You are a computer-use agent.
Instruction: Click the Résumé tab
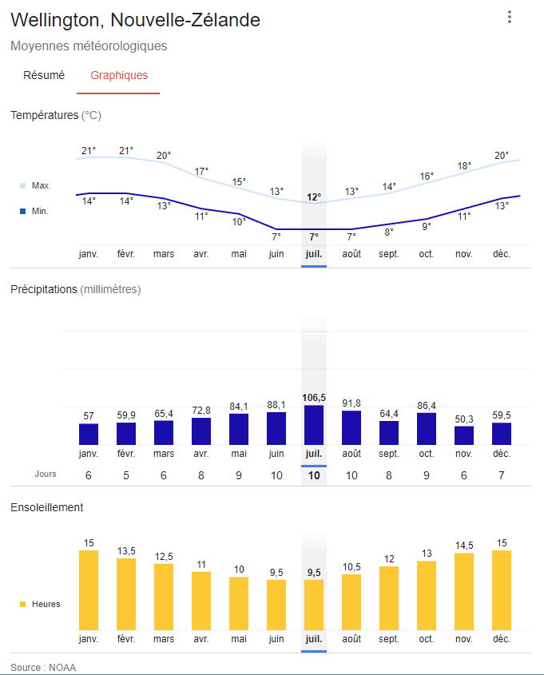(x=44, y=76)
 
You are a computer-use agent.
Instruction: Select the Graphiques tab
(x=119, y=76)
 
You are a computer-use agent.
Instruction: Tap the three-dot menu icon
(x=509, y=18)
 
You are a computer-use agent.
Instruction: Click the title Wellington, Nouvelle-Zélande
(x=136, y=20)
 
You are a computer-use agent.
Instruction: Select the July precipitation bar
(x=314, y=425)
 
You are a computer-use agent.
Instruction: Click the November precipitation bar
(x=464, y=435)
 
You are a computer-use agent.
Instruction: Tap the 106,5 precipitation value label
(x=314, y=397)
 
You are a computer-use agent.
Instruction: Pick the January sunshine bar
(x=88, y=590)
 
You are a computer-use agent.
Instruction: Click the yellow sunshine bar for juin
(x=276, y=604)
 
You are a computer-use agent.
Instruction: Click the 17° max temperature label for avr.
(x=201, y=171)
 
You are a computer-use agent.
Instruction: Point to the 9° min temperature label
(x=427, y=226)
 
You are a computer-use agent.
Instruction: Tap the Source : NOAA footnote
(x=43, y=667)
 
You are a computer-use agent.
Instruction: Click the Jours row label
(x=46, y=474)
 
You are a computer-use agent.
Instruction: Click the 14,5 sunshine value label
(x=464, y=545)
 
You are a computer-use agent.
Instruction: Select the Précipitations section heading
(x=75, y=289)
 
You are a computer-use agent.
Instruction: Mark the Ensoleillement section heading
(x=46, y=507)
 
